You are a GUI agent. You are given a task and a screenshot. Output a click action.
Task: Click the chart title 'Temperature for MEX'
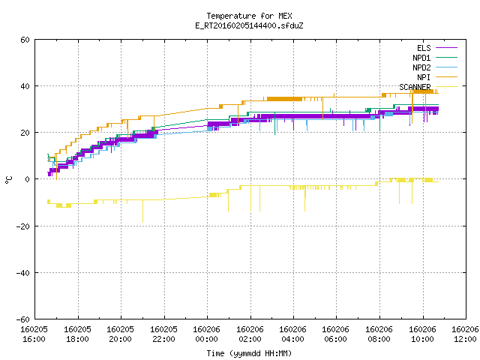tap(249, 16)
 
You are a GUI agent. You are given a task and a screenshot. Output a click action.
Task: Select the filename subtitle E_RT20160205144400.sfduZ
tap(249, 25)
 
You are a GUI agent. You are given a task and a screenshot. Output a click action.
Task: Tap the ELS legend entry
tap(437, 48)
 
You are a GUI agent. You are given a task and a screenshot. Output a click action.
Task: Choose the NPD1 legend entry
tap(435, 58)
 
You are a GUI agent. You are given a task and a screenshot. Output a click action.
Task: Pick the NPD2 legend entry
tap(435, 67)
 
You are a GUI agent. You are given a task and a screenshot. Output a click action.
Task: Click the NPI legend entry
tap(437, 77)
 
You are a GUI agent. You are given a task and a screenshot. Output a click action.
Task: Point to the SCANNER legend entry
tap(428, 87)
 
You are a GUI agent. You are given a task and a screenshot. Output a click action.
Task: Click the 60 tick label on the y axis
tap(25, 40)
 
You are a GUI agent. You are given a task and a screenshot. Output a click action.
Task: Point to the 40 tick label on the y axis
tap(25, 86)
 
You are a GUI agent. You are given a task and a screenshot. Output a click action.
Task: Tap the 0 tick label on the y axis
tap(28, 179)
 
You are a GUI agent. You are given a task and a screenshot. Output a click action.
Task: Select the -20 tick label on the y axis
tap(23, 226)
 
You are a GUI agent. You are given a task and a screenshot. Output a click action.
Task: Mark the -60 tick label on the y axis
tap(23, 319)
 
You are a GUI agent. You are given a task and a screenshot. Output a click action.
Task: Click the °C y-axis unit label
tap(8, 180)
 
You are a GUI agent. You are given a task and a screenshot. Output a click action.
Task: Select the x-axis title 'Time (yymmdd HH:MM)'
tap(249, 353)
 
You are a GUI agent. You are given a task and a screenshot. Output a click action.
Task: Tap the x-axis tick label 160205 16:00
tap(34, 334)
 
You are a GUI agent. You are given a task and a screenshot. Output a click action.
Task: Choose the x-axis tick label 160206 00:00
tap(207, 334)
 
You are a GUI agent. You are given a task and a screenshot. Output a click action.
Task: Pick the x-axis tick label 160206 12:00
tap(465, 334)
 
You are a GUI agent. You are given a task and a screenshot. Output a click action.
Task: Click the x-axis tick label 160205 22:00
tap(163, 334)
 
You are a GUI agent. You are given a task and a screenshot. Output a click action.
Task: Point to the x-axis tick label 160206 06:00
tap(336, 334)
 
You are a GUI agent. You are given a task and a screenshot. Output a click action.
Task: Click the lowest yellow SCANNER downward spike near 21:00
tap(142, 222)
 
